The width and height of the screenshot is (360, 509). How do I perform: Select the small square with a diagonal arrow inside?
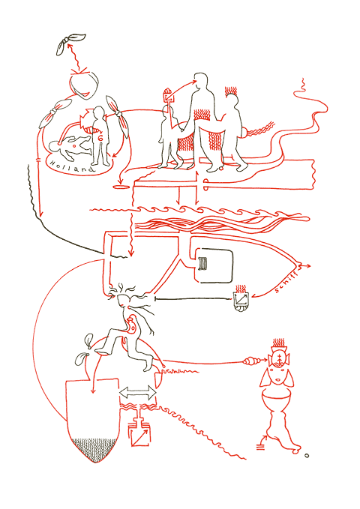[139, 436]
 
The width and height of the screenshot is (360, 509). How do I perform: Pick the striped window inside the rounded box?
[203, 262]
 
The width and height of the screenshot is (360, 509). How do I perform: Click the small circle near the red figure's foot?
[307, 455]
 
